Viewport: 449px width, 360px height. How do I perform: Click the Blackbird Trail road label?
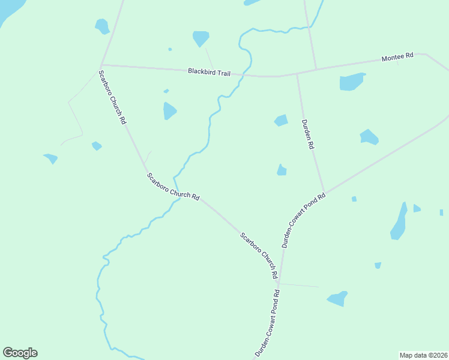209,72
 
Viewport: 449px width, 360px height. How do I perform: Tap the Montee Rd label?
397,56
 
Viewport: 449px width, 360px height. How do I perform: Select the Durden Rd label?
308,134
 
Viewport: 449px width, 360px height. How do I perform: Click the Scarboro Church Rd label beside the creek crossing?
173,187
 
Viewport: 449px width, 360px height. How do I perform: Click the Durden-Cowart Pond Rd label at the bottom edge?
268,324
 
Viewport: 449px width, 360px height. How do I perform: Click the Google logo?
20,353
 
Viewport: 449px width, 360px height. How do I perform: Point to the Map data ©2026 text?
423,355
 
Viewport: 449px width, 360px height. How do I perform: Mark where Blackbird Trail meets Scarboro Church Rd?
101,64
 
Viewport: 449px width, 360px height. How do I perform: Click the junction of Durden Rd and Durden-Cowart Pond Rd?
325,192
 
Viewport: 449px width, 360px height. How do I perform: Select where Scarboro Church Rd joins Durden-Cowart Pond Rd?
279,283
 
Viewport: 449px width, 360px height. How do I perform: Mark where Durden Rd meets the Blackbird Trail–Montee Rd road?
297,73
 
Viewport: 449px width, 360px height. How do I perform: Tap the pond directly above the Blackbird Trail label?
200,38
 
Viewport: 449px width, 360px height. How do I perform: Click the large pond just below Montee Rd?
352,82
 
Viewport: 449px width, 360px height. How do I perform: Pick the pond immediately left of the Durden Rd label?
281,121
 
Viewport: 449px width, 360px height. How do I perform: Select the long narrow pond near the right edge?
399,221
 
